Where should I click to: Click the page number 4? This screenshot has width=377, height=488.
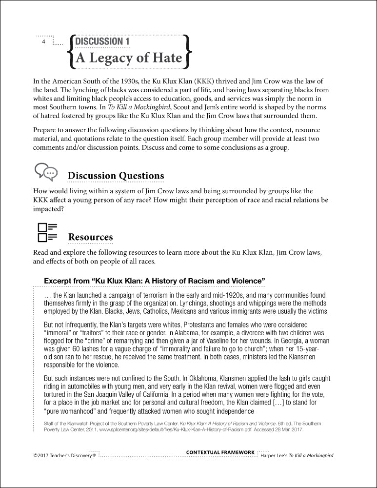(x=43, y=42)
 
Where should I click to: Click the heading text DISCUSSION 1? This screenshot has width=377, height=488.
(x=99, y=41)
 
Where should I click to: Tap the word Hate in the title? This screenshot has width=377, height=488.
(x=166, y=58)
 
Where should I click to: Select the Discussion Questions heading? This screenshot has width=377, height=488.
(x=116, y=176)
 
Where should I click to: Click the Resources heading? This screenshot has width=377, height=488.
(x=90, y=237)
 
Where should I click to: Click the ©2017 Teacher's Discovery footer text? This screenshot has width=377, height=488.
(x=64, y=456)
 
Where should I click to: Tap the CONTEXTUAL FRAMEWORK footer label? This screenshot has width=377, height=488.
(x=220, y=452)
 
